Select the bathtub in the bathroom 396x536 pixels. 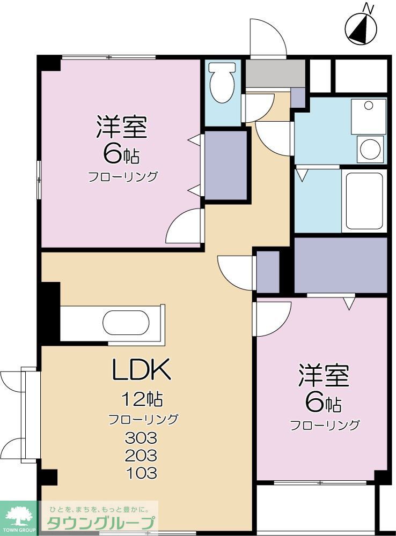(x=363, y=200)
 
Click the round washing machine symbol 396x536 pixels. (x=371, y=148)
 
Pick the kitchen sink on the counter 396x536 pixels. (x=126, y=324)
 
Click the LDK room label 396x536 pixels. (x=141, y=369)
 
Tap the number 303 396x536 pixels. (x=141, y=438)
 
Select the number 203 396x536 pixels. (x=141, y=456)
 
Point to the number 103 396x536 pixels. (x=141, y=473)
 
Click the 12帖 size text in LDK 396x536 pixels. (x=142, y=399)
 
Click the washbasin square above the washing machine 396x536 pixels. (x=368, y=115)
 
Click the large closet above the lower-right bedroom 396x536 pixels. (x=340, y=265)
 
